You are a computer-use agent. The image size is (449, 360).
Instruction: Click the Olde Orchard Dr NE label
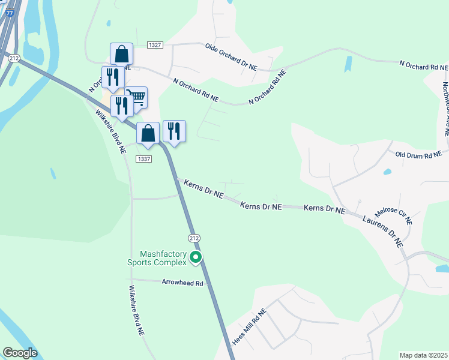(x=231, y=57)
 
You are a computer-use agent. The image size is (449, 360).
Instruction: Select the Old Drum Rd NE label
(x=418, y=154)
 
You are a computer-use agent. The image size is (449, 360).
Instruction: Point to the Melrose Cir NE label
(x=393, y=215)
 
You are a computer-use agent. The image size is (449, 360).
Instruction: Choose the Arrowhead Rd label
(x=183, y=282)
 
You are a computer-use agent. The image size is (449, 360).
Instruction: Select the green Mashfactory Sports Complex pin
(x=196, y=257)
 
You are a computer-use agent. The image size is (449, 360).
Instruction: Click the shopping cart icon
(x=136, y=97)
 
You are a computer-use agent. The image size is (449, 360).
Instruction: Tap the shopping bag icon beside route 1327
(x=121, y=54)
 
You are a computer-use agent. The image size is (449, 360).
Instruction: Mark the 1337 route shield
(x=143, y=159)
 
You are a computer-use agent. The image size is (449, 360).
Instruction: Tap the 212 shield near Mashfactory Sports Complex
(x=193, y=238)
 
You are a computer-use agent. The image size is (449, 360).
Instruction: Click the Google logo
(x=19, y=353)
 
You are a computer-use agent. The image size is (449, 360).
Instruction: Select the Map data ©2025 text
(x=423, y=355)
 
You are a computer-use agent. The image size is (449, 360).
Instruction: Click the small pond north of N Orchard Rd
(x=349, y=63)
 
